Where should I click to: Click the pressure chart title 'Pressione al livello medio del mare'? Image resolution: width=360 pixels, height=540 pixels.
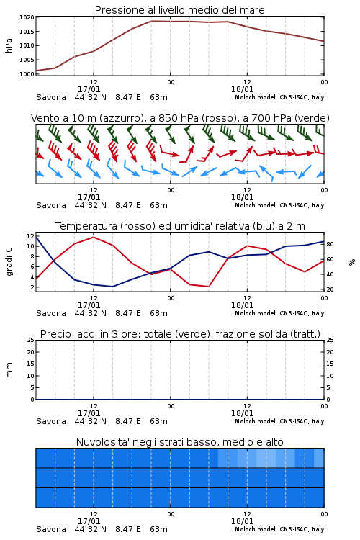[x=179, y=10]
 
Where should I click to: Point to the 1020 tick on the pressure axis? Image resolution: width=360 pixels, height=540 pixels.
[x=27, y=17]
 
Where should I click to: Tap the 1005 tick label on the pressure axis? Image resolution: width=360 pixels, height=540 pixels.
[x=27, y=60]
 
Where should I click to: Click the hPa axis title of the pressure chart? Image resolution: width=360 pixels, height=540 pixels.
[x=9, y=45]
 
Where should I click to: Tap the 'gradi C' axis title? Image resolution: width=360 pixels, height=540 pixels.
[x=9, y=262]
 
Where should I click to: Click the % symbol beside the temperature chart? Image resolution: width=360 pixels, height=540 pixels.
[x=352, y=262]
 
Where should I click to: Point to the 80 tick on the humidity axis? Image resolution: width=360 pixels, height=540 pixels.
[x=330, y=244]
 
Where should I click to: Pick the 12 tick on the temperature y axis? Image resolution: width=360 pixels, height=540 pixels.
[x=30, y=236]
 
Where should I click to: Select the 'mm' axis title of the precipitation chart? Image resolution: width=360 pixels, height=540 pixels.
[x=9, y=370]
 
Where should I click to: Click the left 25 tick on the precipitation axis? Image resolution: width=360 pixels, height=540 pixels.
[x=31, y=340]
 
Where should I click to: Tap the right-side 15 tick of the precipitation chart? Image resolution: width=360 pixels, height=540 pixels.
[x=330, y=364]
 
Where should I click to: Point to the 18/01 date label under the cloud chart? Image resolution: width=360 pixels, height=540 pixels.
[x=242, y=521]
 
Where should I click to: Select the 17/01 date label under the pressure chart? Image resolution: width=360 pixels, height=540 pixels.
[x=89, y=89]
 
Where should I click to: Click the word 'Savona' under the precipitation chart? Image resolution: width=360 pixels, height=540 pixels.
[x=51, y=421]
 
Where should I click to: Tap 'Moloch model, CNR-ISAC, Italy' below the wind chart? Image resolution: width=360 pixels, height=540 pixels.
[x=279, y=205]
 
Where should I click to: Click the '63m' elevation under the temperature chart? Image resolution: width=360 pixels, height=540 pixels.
[x=159, y=313]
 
